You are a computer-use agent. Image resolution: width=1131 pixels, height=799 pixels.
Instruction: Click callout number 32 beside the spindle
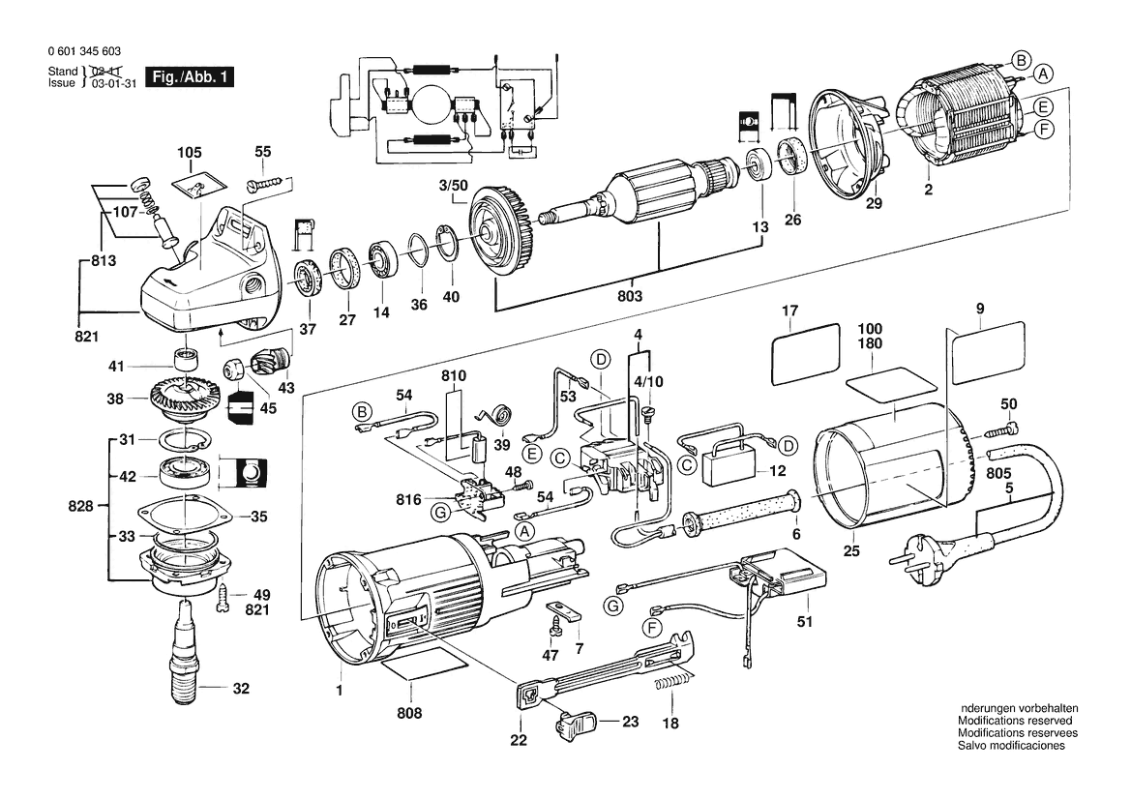pyautogui.click(x=241, y=690)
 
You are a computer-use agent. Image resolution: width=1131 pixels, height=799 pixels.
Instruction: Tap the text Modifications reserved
pyautogui.click(x=1015, y=721)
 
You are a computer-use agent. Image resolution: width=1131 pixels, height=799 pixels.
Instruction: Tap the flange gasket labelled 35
pyautogui.click(x=181, y=515)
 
